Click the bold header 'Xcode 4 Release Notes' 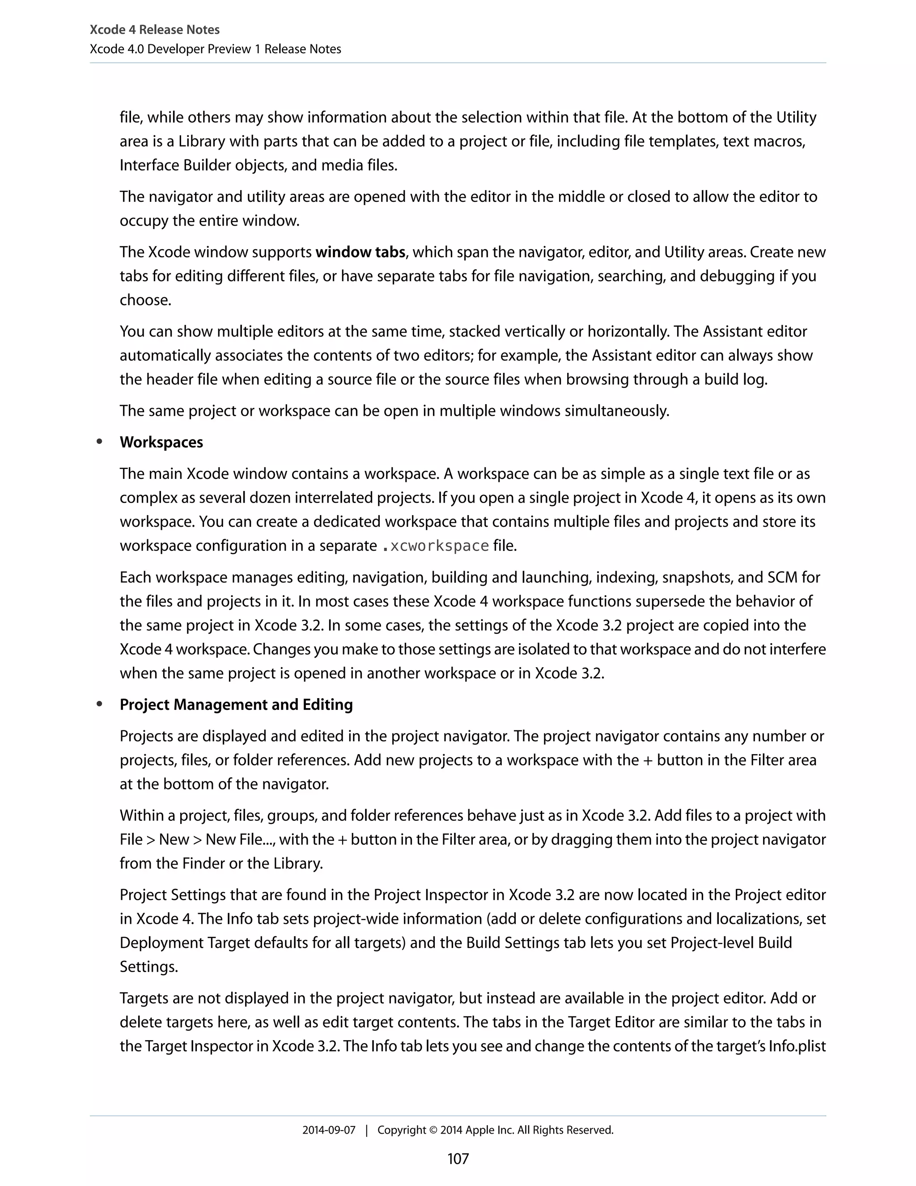(154, 30)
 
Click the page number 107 (458, 1158)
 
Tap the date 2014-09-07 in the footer (328, 1130)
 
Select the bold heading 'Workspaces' (161, 442)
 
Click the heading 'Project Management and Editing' (236, 704)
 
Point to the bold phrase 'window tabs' (360, 252)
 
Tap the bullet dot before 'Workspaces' (99, 441)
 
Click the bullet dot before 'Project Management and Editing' (99, 704)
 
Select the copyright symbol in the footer (433, 1130)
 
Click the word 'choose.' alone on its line (145, 300)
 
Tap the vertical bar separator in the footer (366, 1130)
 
